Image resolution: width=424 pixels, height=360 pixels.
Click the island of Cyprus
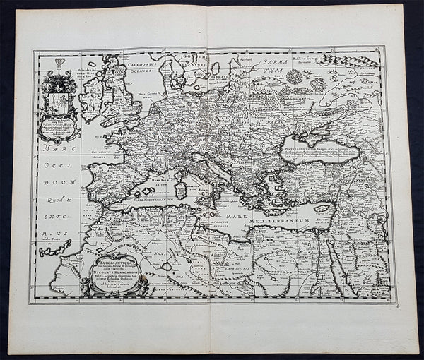coord(323,209)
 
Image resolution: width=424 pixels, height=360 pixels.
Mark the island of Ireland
coord(90,100)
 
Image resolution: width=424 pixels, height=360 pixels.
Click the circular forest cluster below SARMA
coord(294,76)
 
